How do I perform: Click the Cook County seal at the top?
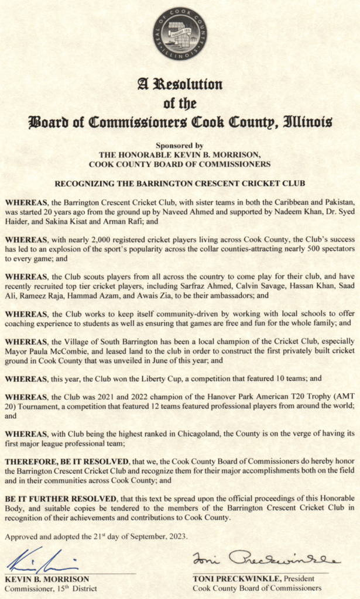click(x=180, y=33)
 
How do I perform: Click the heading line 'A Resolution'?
click(x=180, y=85)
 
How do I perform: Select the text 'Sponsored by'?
click(x=180, y=145)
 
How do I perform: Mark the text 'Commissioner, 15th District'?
click(x=51, y=588)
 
